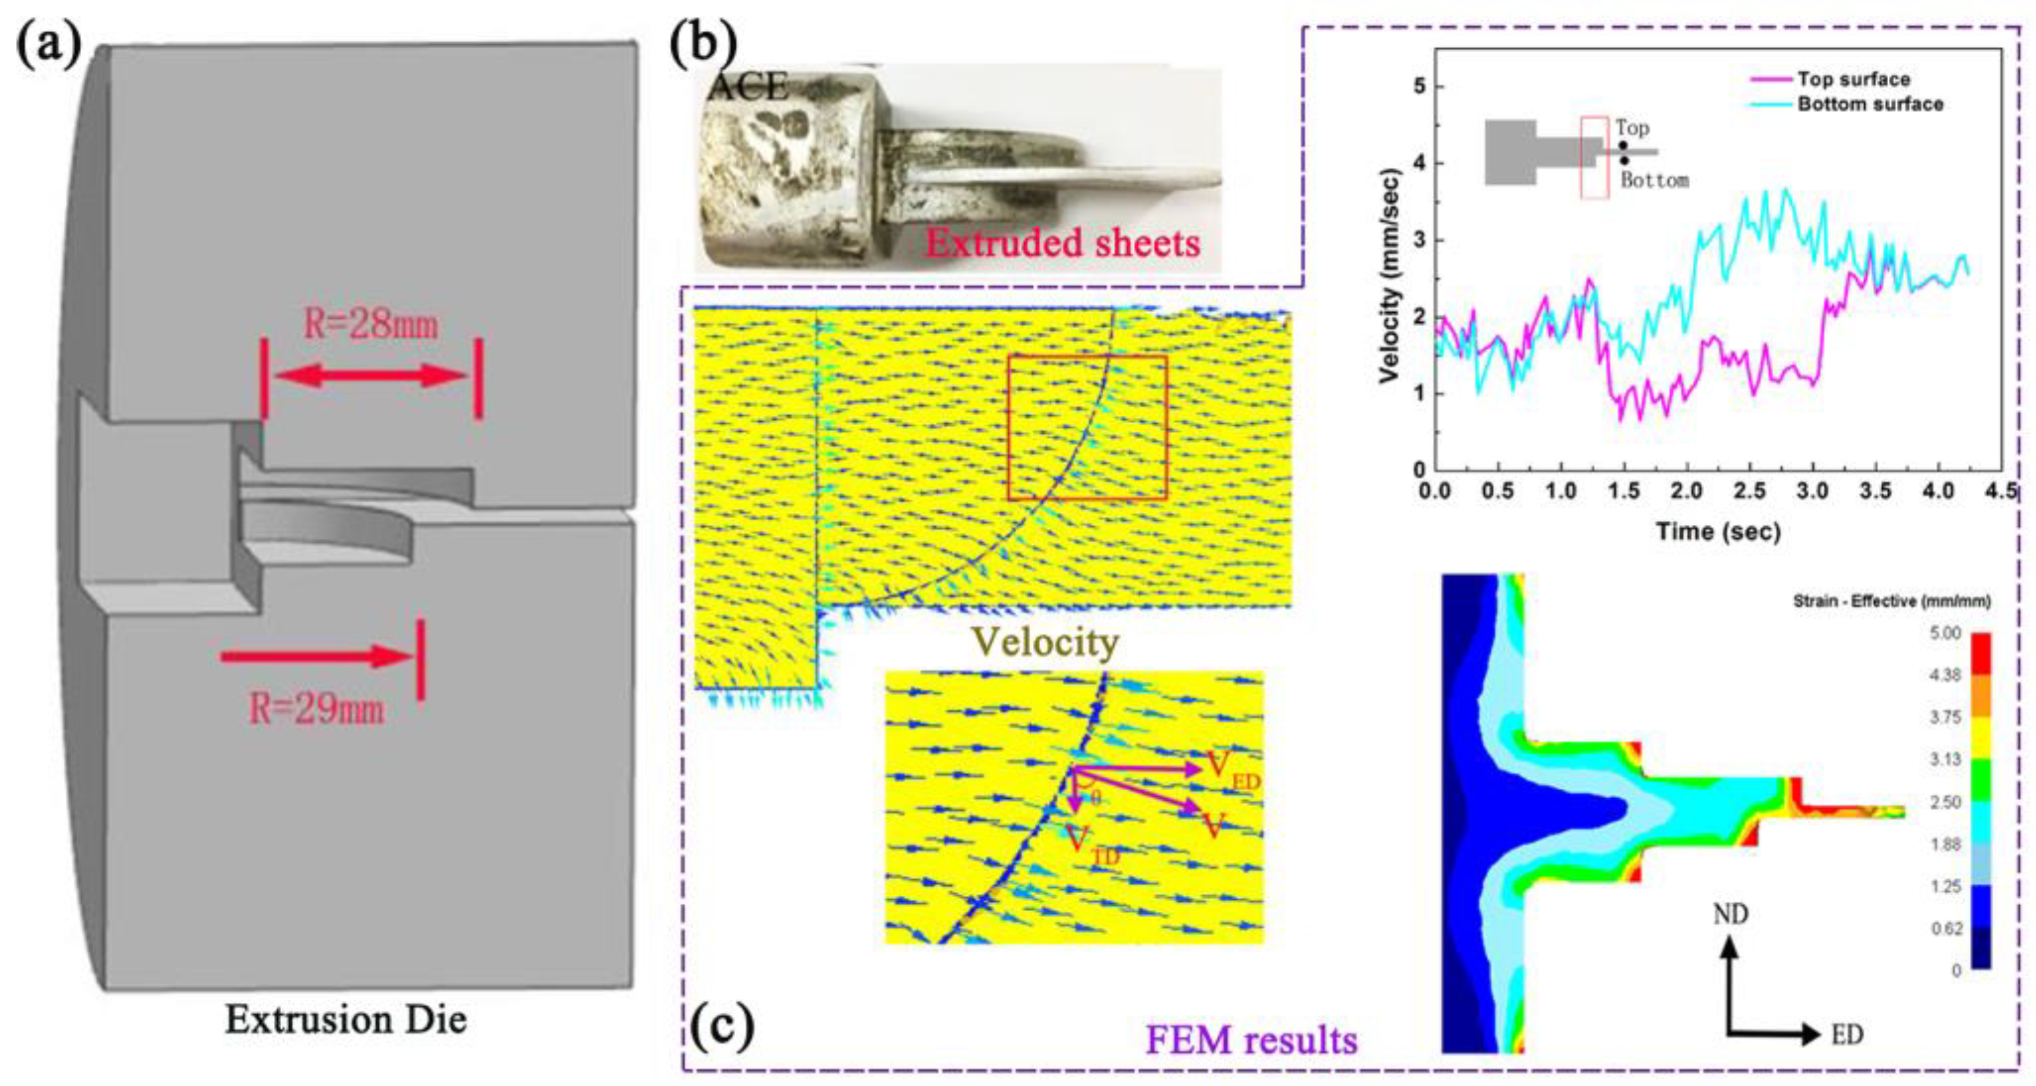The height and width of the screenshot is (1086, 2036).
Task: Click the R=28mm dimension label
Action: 371,324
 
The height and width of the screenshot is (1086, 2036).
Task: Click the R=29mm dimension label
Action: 317,708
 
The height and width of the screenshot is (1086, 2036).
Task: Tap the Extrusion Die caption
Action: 345,1019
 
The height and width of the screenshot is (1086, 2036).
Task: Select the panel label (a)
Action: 49,44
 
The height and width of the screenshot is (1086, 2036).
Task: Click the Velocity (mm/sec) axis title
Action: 1389,277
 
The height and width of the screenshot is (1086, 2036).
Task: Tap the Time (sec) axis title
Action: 1719,531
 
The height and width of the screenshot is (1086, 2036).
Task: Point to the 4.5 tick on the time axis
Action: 2003,492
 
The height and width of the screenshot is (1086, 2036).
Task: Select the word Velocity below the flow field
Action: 1045,642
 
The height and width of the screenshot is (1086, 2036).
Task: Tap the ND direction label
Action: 1730,914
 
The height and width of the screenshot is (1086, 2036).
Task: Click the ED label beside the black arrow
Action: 1847,1035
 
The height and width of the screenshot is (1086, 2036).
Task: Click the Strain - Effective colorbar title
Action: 1891,601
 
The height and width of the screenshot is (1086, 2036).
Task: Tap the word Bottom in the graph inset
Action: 1655,181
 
